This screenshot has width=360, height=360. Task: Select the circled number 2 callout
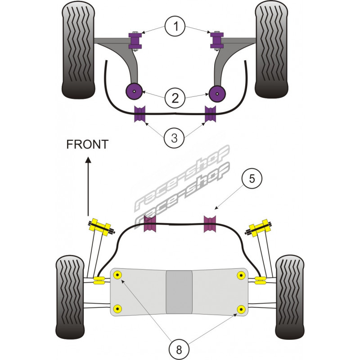176,96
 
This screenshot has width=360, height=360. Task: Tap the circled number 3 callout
176,138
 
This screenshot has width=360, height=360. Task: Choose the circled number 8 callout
176,347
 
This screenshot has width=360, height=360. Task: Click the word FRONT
87,144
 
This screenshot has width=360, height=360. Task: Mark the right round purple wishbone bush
218,94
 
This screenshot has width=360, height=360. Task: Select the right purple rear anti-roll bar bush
210,225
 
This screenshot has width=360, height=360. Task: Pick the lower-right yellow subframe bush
241,309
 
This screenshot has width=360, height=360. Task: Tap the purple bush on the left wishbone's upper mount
135,40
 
